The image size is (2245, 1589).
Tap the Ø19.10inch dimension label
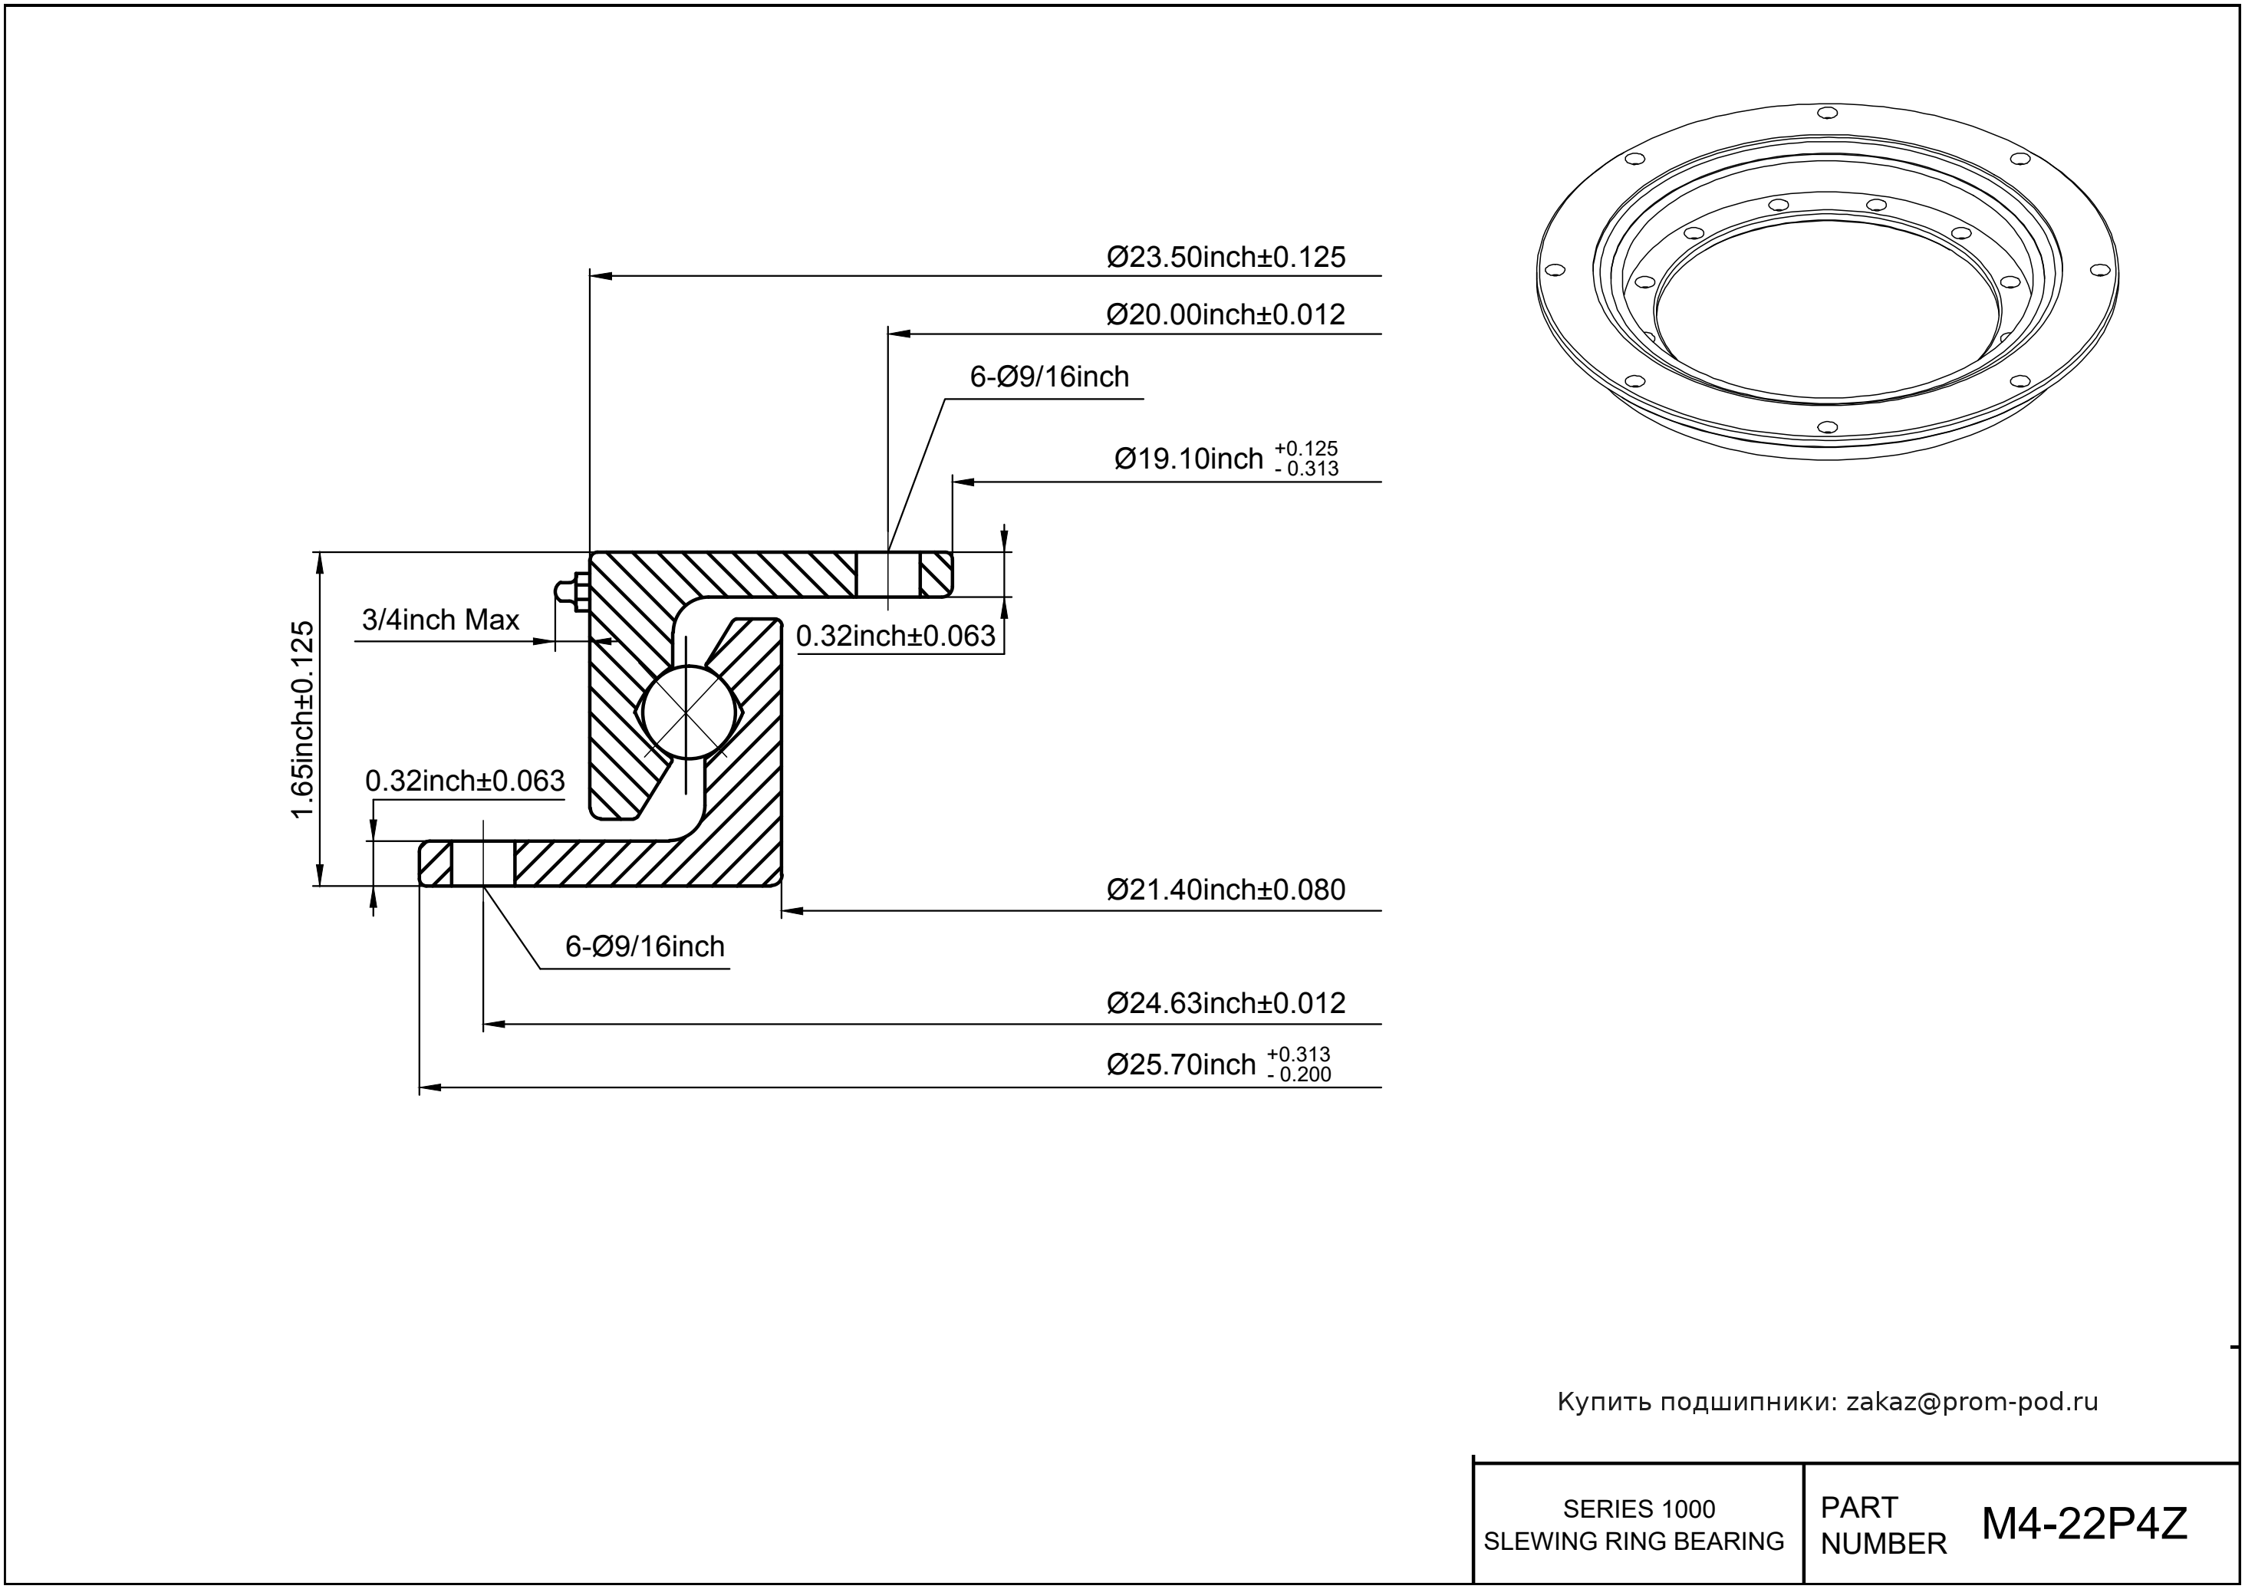1188,459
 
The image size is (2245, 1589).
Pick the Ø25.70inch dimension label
1180,1064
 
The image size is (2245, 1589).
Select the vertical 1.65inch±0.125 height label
304,719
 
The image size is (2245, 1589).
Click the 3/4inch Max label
440,620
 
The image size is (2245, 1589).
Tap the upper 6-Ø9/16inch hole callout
1049,377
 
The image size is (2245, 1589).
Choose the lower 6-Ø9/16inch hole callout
645,947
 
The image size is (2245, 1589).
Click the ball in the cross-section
688,712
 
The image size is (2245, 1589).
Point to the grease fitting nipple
567,591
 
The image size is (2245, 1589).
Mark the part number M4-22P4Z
2083,1524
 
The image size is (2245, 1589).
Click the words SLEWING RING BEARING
1634,1541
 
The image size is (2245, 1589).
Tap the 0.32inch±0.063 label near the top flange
894,636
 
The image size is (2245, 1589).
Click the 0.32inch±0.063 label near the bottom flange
465,781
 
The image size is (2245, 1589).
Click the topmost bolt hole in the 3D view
1826,111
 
